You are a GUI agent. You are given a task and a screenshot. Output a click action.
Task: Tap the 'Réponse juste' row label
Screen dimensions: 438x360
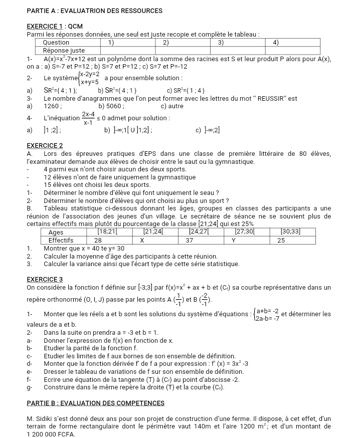[x=64, y=50]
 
